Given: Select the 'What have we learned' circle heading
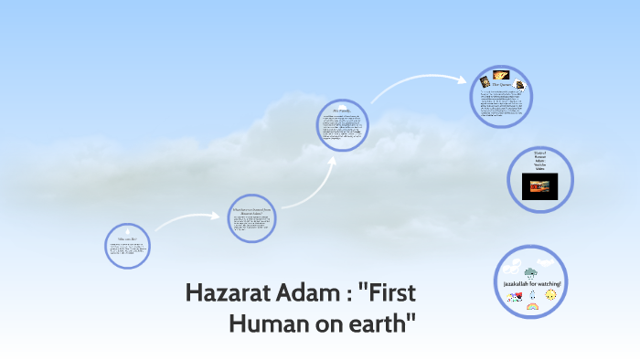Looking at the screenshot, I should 251,211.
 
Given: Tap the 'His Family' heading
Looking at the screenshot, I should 341,111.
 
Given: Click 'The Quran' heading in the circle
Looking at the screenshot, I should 500,85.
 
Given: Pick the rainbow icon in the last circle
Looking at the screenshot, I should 531,307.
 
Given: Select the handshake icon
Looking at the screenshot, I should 513,295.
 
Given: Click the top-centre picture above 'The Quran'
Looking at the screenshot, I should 500,74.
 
